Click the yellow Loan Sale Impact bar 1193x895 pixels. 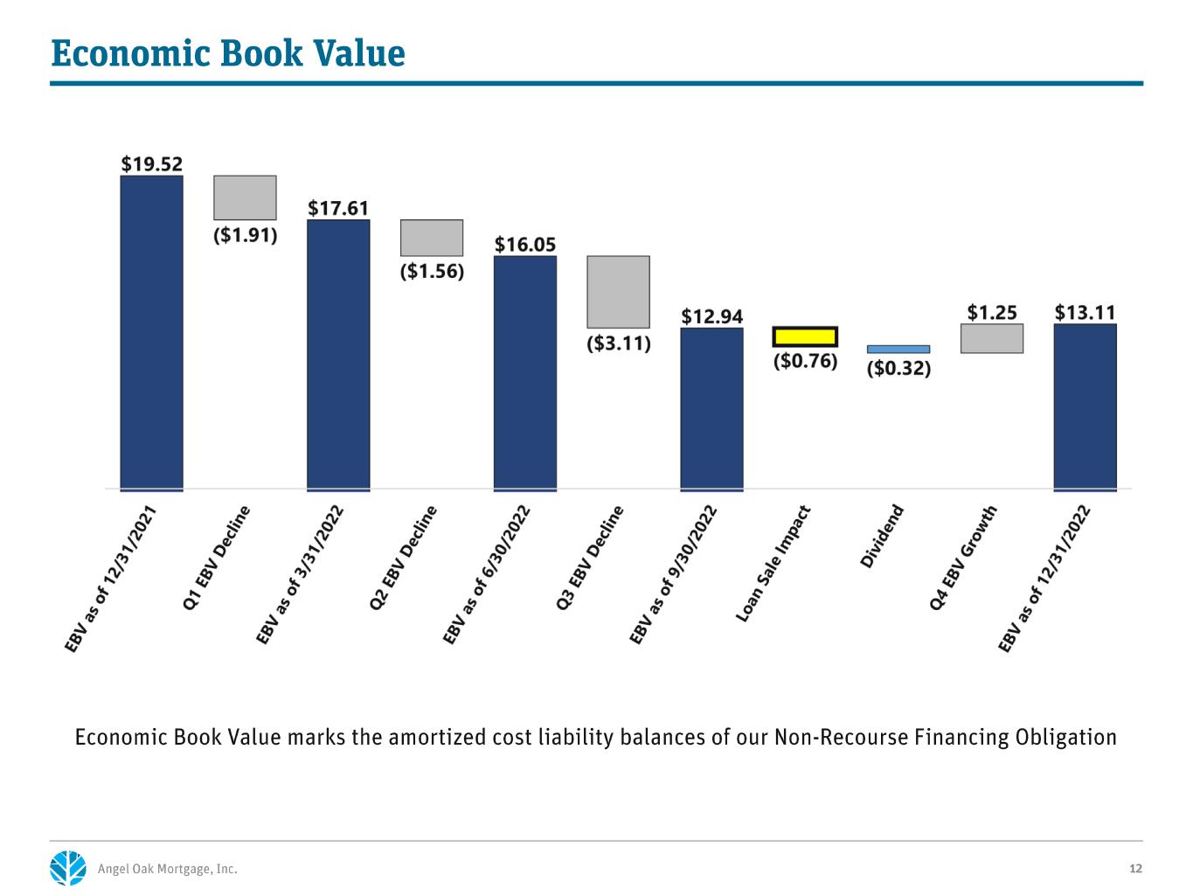tap(805, 336)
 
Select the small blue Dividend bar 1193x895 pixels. tap(898, 350)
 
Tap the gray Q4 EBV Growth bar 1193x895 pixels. tap(992, 338)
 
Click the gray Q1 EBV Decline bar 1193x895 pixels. tap(245, 198)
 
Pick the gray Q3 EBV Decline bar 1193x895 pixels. tap(619, 292)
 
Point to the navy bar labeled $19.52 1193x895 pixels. tap(152, 333)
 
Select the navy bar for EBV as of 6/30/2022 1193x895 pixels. tap(525, 373)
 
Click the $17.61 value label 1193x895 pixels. tap(338, 208)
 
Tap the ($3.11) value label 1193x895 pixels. tap(619, 343)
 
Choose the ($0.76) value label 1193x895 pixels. tap(805, 361)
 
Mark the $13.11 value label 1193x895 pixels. tap(1085, 312)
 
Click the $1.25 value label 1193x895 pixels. tap(992, 312)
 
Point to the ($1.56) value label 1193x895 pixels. tap(432, 271)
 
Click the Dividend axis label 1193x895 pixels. tap(882, 537)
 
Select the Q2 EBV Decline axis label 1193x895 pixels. tap(403, 558)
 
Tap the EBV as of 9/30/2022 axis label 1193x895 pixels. tap(673, 575)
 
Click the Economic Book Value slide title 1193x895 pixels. tap(228, 53)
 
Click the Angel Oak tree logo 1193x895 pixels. tap(68, 868)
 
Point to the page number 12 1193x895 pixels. tap(1135, 869)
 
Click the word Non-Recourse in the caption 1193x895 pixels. tap(842, 738)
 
